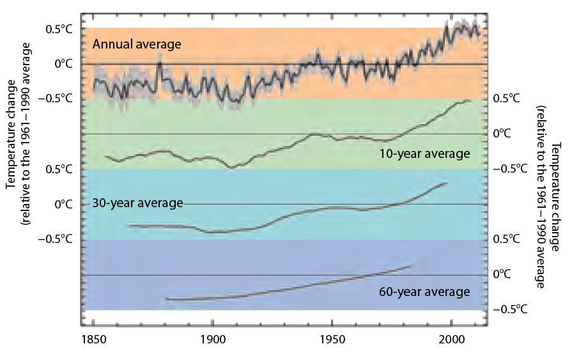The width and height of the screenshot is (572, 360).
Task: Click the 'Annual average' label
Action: (x=137, y=44)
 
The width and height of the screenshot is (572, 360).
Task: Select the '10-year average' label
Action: (x=424, y=153)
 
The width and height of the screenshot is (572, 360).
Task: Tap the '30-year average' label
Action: (x=137, y=203)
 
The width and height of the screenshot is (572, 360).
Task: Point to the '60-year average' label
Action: (x=424, y=292)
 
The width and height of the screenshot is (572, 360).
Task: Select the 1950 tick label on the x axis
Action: (x=332, y=340)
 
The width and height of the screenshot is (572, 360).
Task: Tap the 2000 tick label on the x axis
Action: (x=452, y=340)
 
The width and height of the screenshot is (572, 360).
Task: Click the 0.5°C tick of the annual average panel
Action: (x=58, y=29)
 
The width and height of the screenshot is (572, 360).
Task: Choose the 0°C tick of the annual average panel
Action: (x=62, y=64)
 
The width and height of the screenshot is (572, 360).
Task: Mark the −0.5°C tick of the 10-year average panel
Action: (x=510, y=169)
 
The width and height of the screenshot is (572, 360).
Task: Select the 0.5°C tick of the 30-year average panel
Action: (x=58, y=169)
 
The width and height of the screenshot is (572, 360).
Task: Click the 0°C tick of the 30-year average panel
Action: (x=62, y=204)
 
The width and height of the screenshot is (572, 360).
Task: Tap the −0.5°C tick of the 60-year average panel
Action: (x=510, y=309)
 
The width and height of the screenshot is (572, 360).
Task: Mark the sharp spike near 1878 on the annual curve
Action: (x=159, y=56)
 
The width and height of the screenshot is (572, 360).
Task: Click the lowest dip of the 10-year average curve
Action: (x=231, y=168)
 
